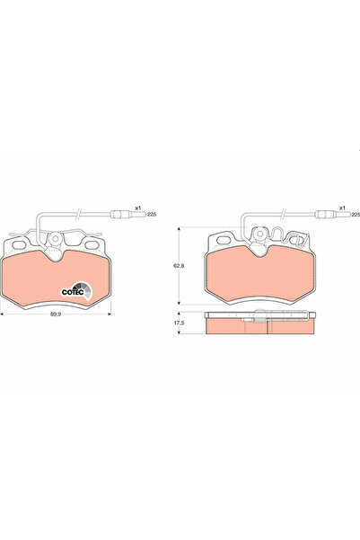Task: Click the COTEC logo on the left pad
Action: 73,289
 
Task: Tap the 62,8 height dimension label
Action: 179,266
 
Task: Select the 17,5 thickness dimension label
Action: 179,323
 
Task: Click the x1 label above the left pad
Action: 138,208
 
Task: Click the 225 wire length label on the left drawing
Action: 151,215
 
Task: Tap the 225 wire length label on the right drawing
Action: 355,215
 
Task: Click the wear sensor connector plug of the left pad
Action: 119,214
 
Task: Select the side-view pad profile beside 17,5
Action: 260,325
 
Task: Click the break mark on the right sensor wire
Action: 286,214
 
